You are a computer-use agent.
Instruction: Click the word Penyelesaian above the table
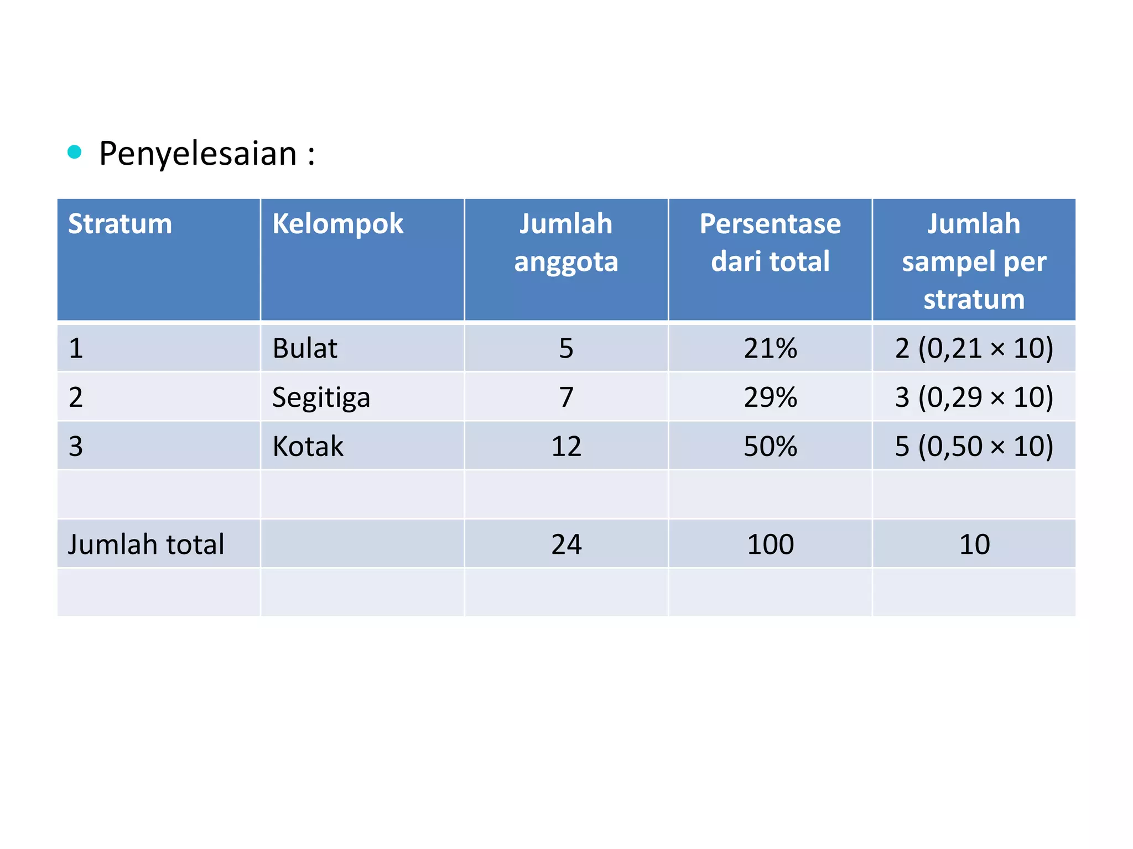pyautogui.click(x=198, y=154)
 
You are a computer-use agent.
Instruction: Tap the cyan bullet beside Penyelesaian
pyautogui.click(x=74, y=151)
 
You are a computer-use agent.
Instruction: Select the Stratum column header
pyautogui.click(x=120, y=224)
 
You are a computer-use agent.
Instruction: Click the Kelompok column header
pyautogui.click(x=337, y=224)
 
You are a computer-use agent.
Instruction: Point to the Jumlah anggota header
pyautogui.click(x=566, y=243)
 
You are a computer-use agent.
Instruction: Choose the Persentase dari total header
pyautogui.click(x=770, y=243)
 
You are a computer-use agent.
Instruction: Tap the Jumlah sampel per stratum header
pyautogui.click(x=974, y=261)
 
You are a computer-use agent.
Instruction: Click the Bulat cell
pyautogui.click(x=305, y=348)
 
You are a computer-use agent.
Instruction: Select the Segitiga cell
pyautogui.click(x=321, y=397)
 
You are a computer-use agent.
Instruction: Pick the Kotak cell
pyautogui.click(x=308, y=446)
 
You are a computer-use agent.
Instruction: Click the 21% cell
pyautogui.click(x=770, y=348)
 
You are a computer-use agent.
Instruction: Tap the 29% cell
pyautogui.click(x=770, y=397)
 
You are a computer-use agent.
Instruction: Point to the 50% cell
pyautogui.click(x=770, y=446)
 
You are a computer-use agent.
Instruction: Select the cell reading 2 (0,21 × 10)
pyautogui.click(x=974, y=348)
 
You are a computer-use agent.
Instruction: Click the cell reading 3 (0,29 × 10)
pyautogui.click(x=974, y=397)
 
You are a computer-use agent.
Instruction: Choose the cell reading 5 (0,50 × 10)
pyautogui.click(x=974, y=446)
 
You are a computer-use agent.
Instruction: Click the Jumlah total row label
pyautogui.click(x=146, y=544)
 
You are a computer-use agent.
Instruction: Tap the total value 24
pyautogui.click(x=566, y=544)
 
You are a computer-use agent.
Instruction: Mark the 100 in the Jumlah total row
pyautogui.click(x=770, y=544)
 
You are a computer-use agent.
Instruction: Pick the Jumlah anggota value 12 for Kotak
pyautogui.click(x=566, y=446)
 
